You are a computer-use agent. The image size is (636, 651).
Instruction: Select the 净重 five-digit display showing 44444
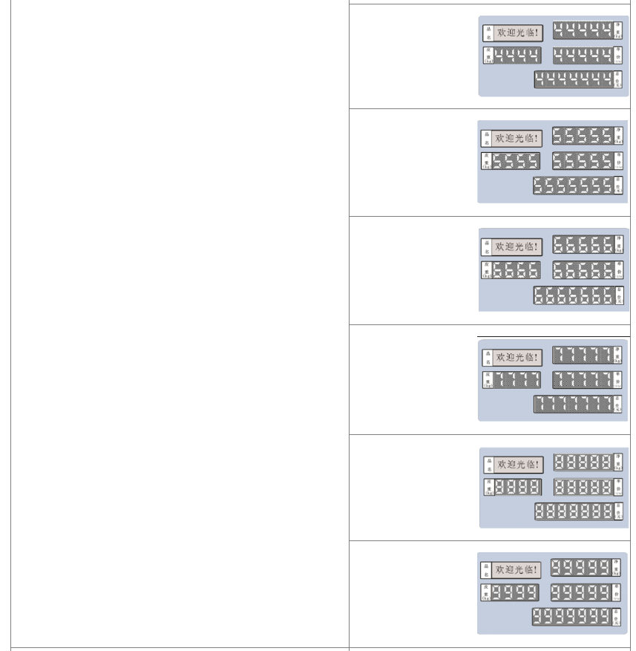click(x=583, y=30)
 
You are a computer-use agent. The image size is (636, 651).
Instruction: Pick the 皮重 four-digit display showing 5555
click(x=516, y=161)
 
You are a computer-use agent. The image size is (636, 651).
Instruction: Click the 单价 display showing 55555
click(x=583, y=161)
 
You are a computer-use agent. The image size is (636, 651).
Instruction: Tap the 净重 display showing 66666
click(x=583, y=244)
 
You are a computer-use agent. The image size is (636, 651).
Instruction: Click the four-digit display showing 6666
click(x=516, y=270)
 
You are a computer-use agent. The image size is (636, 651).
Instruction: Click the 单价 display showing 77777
click(x=583, y=380)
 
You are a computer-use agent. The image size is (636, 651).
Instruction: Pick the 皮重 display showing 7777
click(x=517, y=380)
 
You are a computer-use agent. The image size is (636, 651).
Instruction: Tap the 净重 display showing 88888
click(x=583, y=462)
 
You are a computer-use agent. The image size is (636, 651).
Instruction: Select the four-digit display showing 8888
click(x=517, y=487)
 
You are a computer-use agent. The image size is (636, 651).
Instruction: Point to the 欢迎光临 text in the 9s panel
click(x=517, y=570)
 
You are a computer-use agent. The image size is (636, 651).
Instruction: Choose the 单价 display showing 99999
click(x=581, y=592)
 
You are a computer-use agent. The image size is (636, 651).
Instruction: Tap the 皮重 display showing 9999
click(x=514, y=592)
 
